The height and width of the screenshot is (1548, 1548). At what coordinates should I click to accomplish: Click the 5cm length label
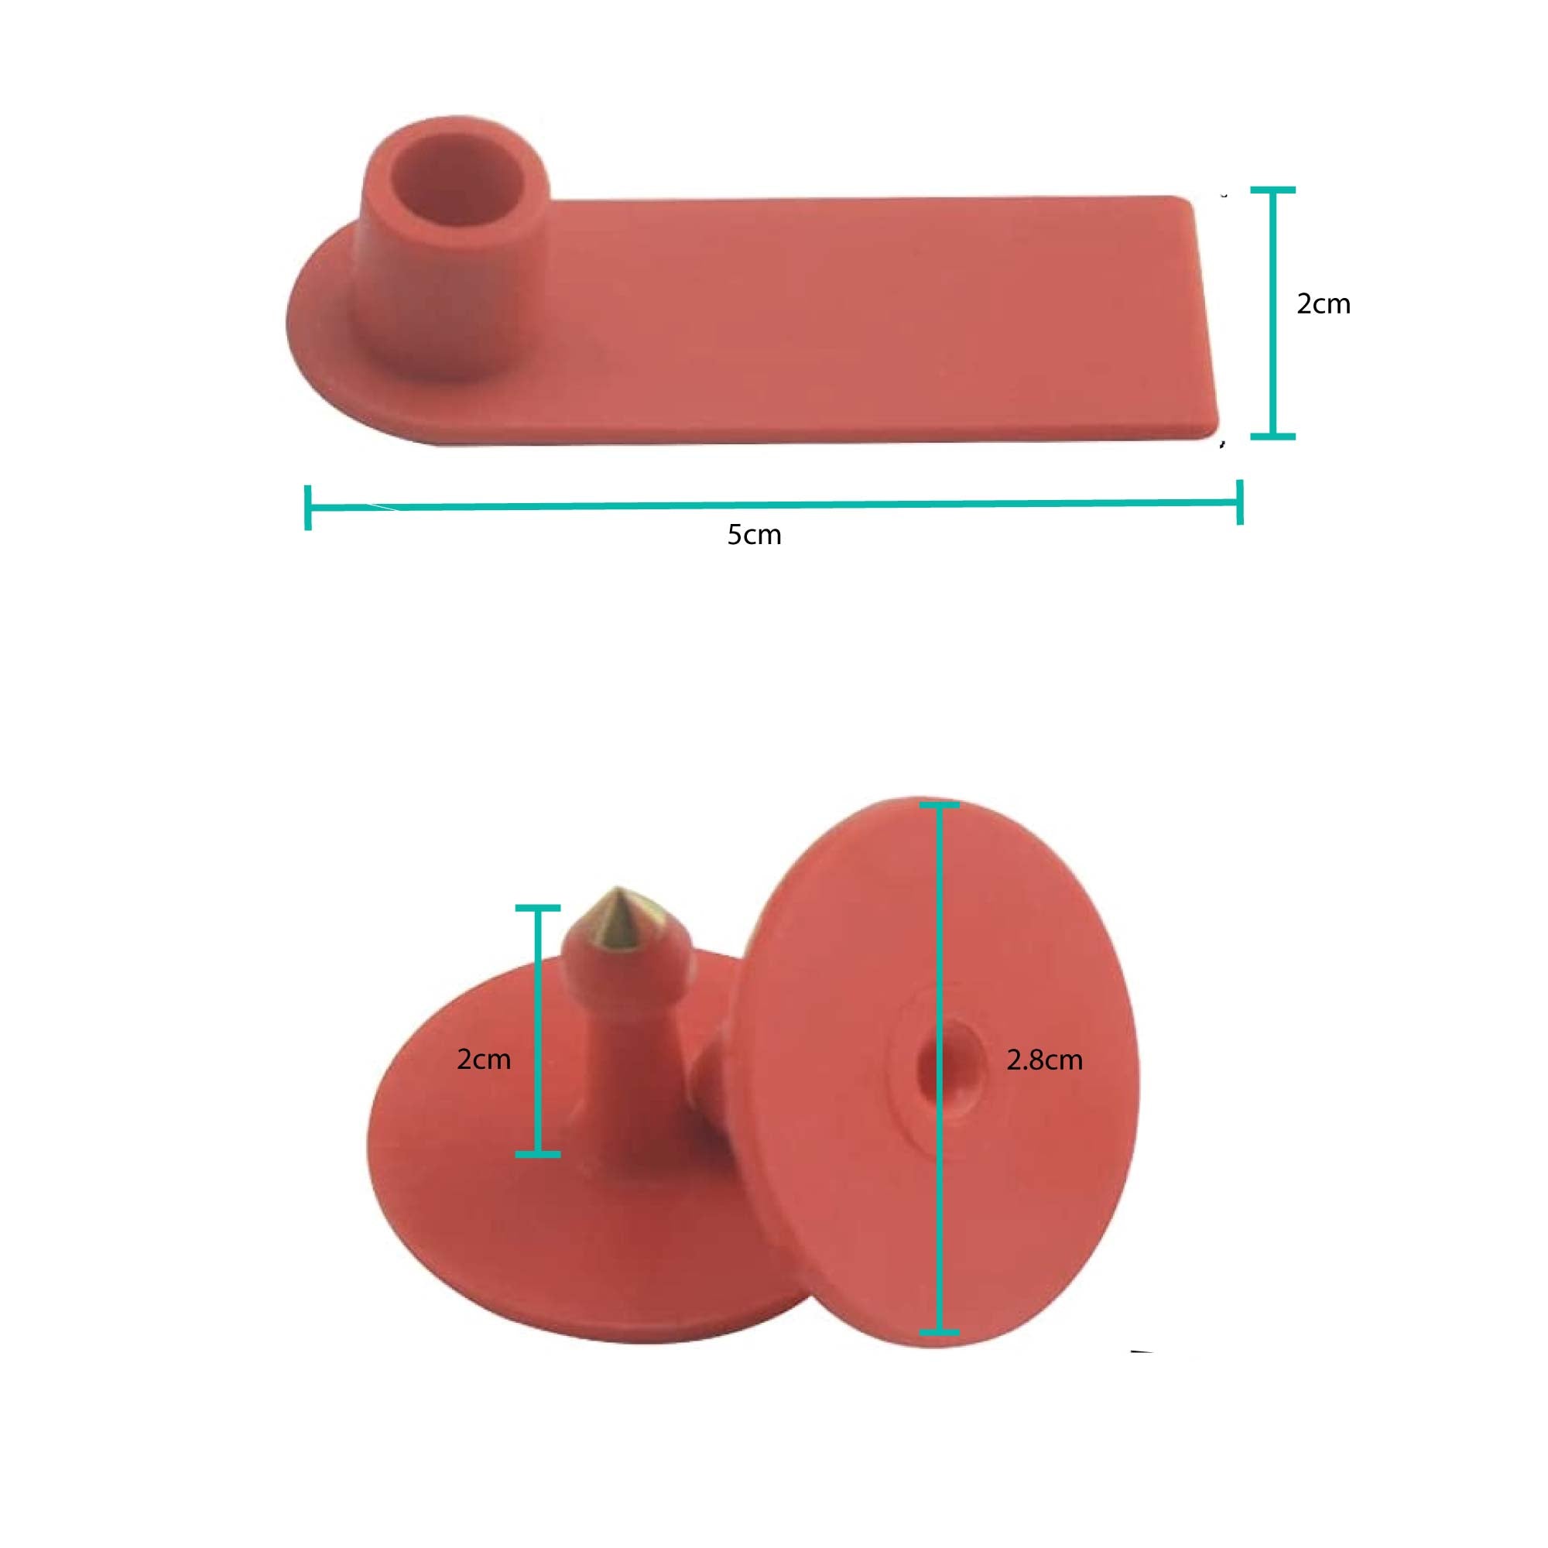click(x=754, y=534)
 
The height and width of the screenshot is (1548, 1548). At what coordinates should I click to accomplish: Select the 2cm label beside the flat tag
click(x=1323, y=303)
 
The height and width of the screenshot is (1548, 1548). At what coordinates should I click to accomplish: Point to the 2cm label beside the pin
click(x=483, y=1060)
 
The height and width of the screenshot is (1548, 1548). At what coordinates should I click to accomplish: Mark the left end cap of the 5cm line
click(x=308, y=507)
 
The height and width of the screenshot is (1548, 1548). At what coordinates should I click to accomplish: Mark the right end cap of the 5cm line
click(x=1239, y=502)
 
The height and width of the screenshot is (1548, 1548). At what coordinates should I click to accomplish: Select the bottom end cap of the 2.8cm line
click(x=939, y=1333)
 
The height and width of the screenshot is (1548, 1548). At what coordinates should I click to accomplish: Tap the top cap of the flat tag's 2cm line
click(x=1272, y=190)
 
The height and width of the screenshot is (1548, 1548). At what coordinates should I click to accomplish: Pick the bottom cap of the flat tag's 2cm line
click(x=1272, y=436)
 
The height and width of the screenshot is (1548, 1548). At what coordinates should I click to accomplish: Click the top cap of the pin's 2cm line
click(x=537, y=908)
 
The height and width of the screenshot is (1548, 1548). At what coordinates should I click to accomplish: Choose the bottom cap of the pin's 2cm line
click(x=537, y=1155)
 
